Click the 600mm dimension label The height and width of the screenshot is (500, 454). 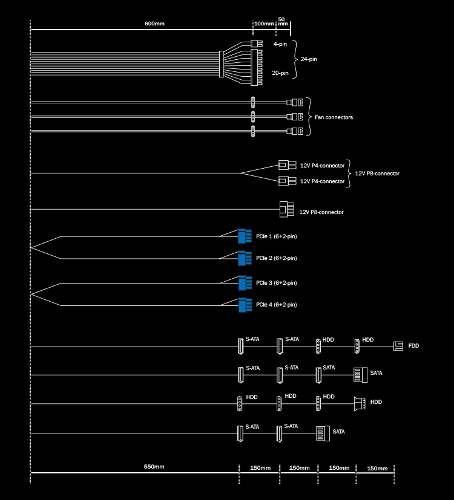coord(154,24)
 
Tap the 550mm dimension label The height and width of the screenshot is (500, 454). coord(154,467)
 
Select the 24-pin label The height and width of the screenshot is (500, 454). coord(309,59)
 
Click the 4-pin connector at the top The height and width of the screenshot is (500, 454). coord(257,44)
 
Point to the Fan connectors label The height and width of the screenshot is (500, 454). coord(334,117)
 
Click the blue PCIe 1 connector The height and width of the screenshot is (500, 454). coord(245,236)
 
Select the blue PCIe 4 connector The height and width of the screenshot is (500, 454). coord(245,305)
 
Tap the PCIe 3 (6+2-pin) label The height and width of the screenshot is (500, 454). coord(277,283)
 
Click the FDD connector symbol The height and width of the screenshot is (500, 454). coord(398,346)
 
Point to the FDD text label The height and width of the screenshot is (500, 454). coord(413,346)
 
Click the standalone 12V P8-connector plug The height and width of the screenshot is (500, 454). coord(287,209)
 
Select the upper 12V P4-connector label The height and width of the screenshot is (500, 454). coord(322,166)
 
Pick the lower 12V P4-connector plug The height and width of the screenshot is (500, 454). coord(288,181)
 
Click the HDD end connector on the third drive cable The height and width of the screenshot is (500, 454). coord(360,404)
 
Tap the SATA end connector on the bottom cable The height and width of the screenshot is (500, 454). coord(323,433)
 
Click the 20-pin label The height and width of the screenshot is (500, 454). coord(280,73)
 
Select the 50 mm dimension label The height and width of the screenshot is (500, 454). coord(283,21)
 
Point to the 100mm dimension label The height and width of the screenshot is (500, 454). coord(264,24)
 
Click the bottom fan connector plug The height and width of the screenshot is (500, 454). coord(294,131)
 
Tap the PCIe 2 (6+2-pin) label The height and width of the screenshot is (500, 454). coord(277,258)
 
